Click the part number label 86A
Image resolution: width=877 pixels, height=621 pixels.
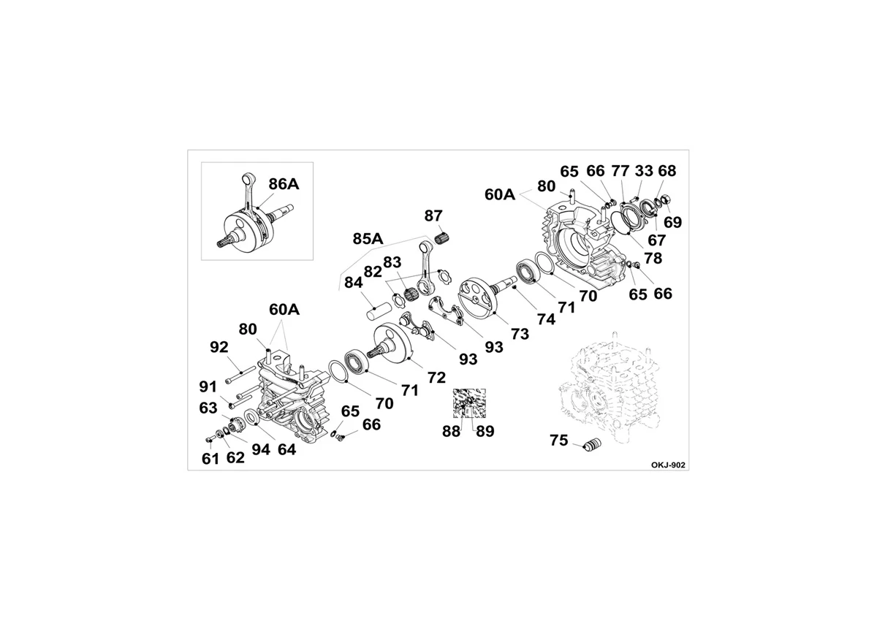284,184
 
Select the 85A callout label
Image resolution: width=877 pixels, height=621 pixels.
368,239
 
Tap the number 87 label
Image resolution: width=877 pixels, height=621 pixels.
433,216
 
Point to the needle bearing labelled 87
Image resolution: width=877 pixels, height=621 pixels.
443,237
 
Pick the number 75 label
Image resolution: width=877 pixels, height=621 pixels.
558,441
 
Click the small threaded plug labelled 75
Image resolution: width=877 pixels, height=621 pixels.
593,446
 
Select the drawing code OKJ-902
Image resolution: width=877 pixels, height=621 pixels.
668,465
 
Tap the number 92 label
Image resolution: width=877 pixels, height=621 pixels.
219,347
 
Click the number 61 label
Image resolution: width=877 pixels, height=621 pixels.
210,459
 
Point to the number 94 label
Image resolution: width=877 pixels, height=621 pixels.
261,450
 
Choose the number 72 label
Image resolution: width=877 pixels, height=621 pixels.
436,378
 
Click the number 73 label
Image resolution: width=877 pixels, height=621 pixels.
520,334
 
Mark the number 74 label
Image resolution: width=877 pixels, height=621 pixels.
546,320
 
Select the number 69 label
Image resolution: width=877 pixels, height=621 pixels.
672,222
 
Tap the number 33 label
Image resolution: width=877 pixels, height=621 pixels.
644,171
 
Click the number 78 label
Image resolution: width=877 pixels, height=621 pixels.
653,258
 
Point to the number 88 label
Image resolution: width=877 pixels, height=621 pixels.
452,432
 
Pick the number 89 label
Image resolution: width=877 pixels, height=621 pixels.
485,432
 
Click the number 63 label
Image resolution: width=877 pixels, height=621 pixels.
208,408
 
